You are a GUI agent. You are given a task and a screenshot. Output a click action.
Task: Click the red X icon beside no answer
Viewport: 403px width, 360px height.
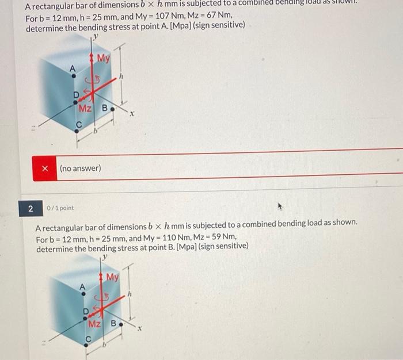pos(45,168)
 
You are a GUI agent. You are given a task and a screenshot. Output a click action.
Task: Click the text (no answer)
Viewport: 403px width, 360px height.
pos(81,168)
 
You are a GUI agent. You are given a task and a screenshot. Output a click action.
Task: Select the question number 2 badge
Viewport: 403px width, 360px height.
pos(31,208)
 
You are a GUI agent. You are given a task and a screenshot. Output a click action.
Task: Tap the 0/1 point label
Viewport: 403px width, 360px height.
pos(60,208)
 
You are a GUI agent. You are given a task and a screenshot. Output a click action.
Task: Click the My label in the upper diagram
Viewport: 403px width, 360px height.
pos(103,59)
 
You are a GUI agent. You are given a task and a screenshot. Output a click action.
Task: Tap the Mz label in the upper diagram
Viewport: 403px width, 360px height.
pos(85,108)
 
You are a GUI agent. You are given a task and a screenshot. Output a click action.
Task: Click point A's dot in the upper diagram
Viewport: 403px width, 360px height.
pos(73,76)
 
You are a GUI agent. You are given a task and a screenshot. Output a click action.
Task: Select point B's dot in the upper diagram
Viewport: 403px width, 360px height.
pos(112,108)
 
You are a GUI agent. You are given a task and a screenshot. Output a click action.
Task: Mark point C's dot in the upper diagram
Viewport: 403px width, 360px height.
pos(78,131)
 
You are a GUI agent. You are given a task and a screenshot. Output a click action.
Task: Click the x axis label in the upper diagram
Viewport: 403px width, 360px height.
pos(132,114)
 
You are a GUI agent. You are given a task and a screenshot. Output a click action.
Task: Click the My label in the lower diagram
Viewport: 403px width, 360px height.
pos(112,277)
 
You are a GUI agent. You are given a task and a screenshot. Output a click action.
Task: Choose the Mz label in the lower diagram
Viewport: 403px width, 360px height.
pos(95,324)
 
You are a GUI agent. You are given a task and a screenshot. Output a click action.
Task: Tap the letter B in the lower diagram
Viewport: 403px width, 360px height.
pos(113,324)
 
